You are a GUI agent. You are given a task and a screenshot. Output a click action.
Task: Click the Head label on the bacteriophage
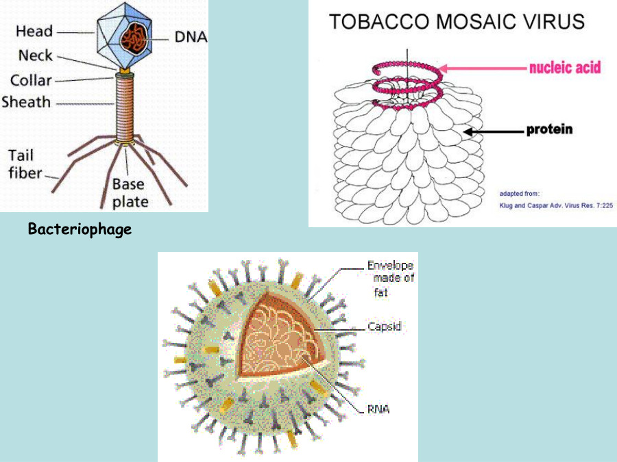(x=34, y=31)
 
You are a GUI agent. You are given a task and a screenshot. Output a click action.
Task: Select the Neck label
(x=35, y=56)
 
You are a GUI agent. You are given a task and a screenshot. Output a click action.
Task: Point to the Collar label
(x=31, y=80)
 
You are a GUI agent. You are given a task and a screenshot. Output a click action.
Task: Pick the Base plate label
(x=130, y=192)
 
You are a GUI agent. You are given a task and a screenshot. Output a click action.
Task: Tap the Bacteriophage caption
(x=80, y=229)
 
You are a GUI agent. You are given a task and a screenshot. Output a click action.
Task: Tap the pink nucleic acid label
(x=564, y=67)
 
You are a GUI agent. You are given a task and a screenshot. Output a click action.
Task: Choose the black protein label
(x=549, y=129)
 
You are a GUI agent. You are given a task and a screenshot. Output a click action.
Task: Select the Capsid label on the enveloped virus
(x=384, y=327)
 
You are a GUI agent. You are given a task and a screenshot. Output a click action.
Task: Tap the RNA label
(x=378, y=409)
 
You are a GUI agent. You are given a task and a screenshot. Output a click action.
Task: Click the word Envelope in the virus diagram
(x=390, y=265)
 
